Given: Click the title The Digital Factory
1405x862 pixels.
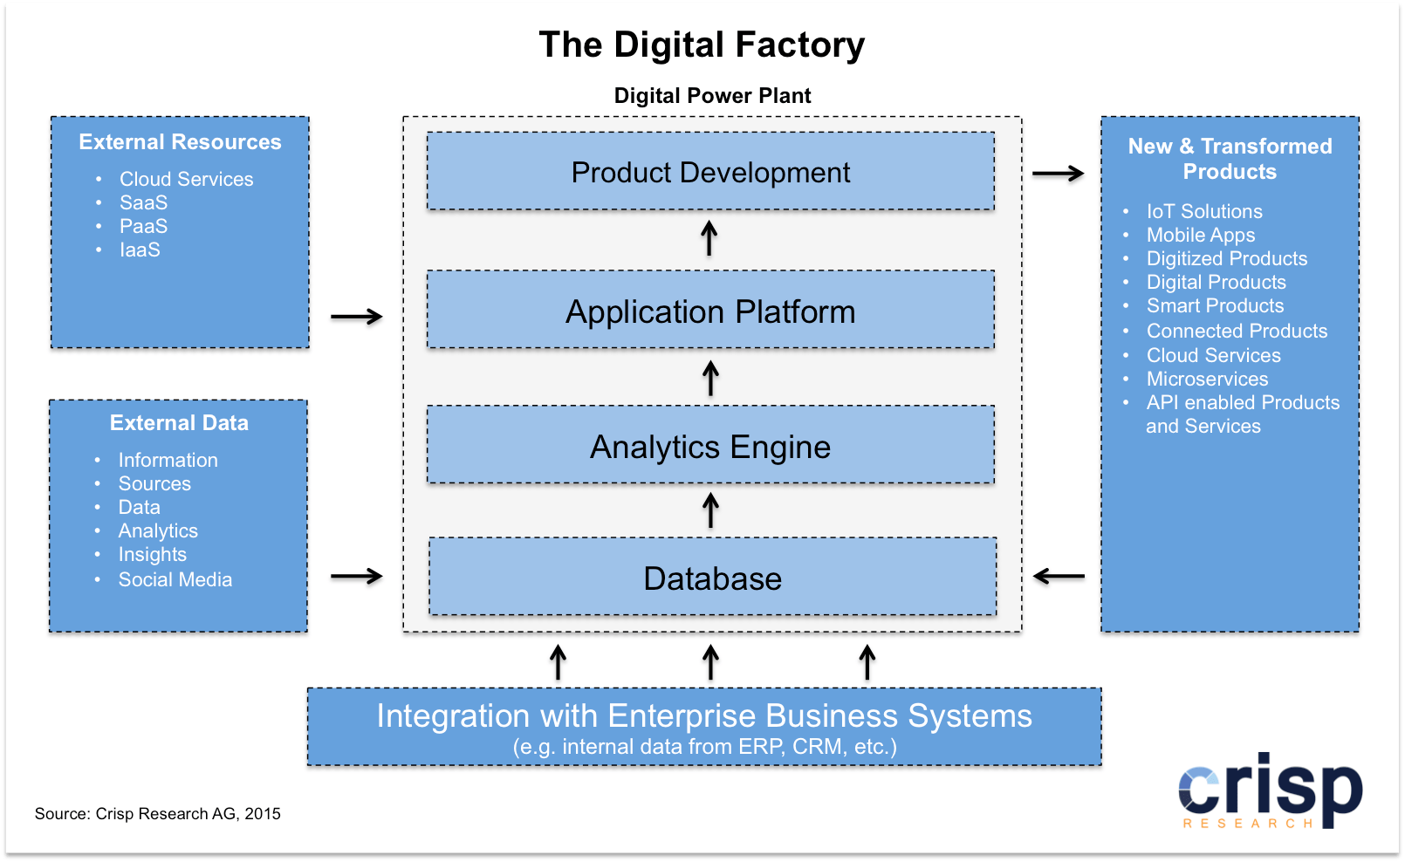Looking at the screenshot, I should (702, 45).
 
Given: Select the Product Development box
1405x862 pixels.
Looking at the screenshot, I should (710, 172).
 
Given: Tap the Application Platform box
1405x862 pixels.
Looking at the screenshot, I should (710, 311).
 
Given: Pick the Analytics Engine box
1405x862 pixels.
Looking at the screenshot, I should (710, 447).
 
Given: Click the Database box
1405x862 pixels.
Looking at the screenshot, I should (712, 578).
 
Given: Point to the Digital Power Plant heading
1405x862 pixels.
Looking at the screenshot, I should (712, 96).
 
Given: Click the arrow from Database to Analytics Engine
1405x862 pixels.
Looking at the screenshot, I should (710, 510).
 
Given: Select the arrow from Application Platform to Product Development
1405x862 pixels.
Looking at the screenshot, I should (709, 238).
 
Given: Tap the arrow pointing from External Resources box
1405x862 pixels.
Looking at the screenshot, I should (356, 316).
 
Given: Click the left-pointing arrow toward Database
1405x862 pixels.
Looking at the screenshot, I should (1058, 576).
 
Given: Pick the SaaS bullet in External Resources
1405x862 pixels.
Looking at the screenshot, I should (143, 202).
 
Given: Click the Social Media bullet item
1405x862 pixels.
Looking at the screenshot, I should (175, 579).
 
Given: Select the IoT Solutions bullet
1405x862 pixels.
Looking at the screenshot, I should (1203, 211).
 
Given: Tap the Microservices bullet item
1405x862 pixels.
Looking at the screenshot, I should (1207, 379).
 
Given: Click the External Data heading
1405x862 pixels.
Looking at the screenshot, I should (179, 423).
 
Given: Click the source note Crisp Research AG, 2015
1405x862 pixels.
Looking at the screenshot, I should (158, 813).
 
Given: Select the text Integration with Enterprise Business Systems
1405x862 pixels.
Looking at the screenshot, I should (703, 716).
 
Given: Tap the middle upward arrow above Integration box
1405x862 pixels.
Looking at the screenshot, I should (710, 662).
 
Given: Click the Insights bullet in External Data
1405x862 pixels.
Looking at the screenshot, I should (152, 554).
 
